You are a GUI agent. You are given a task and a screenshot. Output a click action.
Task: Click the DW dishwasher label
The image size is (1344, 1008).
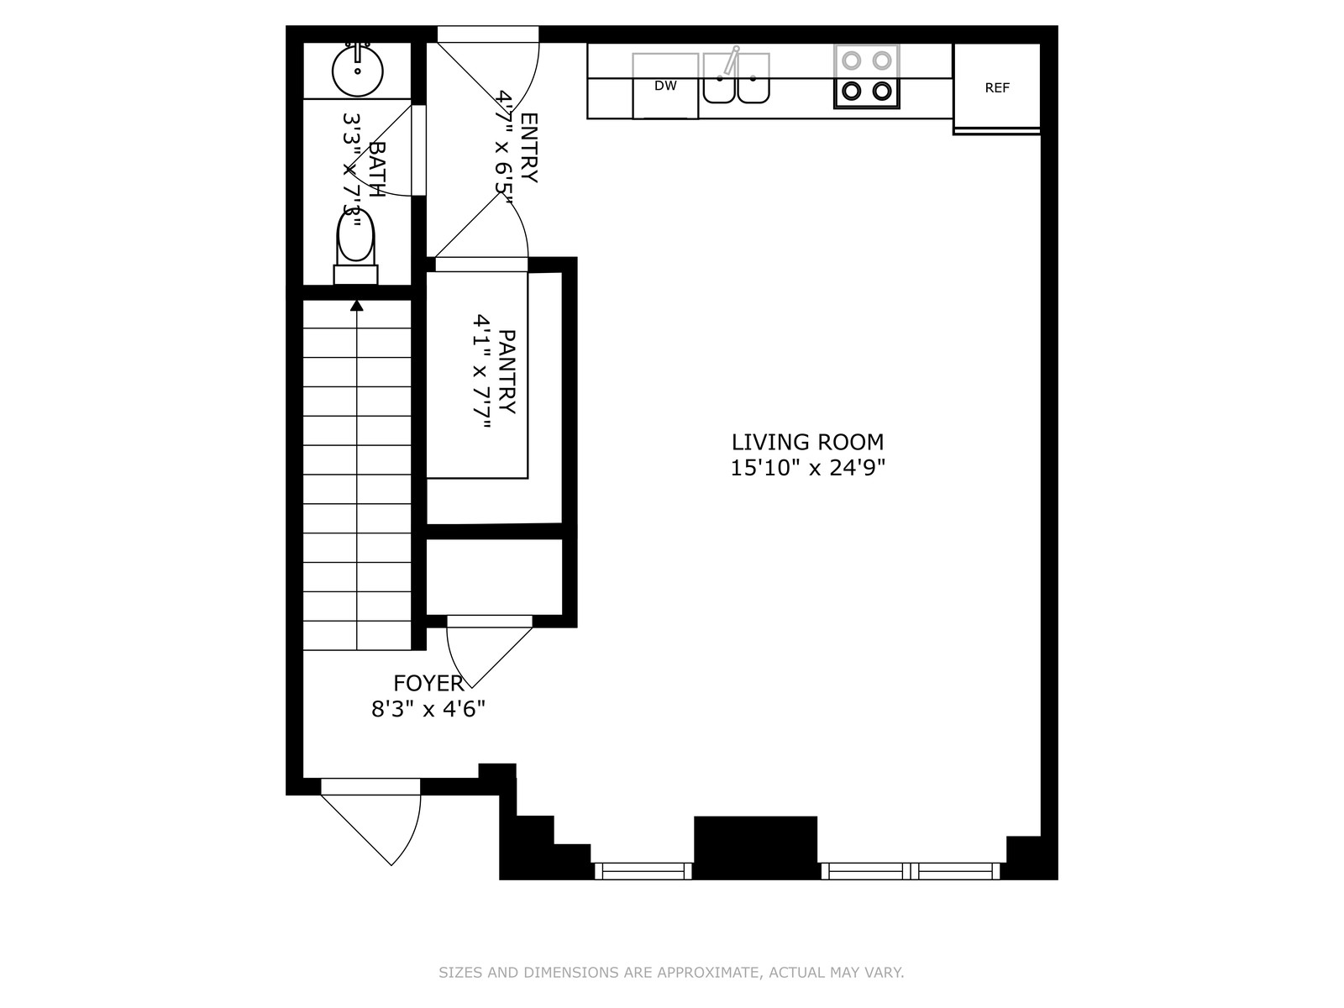tap(665, 86)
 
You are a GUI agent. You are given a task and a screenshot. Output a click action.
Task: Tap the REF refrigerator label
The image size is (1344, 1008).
tap(997, 88)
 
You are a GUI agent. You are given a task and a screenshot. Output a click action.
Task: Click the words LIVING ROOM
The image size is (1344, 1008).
tap(807, 442)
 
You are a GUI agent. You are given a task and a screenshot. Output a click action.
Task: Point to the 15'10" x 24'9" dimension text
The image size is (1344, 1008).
tap(807, 468)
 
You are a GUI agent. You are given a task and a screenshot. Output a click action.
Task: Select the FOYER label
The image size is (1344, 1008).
tap(428, 682)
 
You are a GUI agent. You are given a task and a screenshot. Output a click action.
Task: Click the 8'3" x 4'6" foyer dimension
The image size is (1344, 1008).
tap(428, 709)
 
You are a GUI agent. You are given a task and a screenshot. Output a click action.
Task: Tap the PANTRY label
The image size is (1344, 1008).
tap(507, 371)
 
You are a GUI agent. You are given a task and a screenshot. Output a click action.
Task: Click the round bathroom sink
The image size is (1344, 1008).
tap(358, 71)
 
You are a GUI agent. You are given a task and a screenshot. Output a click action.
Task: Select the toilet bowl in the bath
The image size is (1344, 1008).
tap(356, 236)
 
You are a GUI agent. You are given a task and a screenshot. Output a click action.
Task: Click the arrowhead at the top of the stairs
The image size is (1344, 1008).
tap(357, 305)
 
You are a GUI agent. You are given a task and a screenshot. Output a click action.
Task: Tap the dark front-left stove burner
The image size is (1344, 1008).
tap(852, 92)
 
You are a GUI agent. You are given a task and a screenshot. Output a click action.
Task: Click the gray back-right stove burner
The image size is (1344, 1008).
tap(882, 60)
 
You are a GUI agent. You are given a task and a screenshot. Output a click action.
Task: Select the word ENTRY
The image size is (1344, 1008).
tap(528, 148)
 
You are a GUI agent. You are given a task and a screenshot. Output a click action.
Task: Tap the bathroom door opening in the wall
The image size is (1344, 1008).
tap(419, 150)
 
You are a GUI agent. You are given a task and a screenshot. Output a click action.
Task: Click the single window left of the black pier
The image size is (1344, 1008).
tap(643, 871)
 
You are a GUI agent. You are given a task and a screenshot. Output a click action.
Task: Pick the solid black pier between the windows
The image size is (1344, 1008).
tap(755, 847)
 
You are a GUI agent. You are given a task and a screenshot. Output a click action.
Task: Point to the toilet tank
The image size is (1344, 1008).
tap(356, 274)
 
